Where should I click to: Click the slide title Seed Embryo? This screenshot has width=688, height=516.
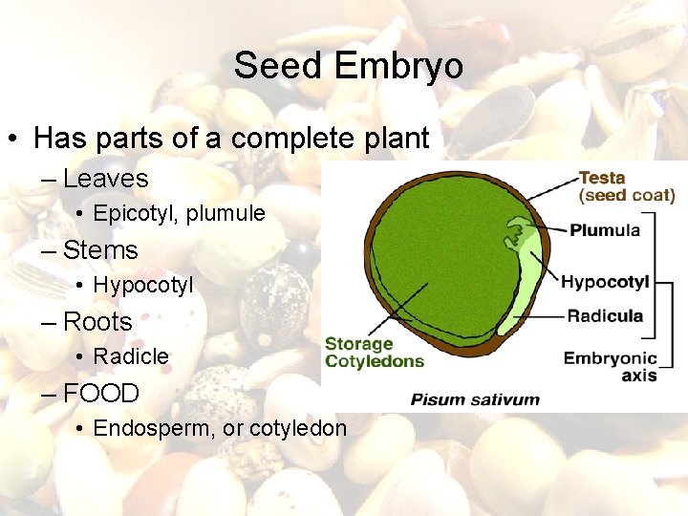348,66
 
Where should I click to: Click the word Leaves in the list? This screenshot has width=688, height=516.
105,179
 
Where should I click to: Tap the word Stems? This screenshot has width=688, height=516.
100,250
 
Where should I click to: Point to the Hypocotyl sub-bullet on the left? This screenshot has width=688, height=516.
142,285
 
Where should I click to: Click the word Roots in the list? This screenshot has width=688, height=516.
97,322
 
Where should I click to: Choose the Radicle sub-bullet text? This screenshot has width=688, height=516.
131,356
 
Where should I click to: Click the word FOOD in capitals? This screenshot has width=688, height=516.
101,393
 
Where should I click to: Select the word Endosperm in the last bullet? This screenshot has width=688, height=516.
152,428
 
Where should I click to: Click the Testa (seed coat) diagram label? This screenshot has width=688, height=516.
626,186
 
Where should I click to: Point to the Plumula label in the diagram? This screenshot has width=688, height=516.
605,230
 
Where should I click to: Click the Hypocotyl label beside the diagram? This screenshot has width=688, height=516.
604,282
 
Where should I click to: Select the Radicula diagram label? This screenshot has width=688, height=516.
605,316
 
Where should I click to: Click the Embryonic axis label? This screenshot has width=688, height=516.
611,367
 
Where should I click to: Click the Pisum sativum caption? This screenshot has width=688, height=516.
475,399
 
